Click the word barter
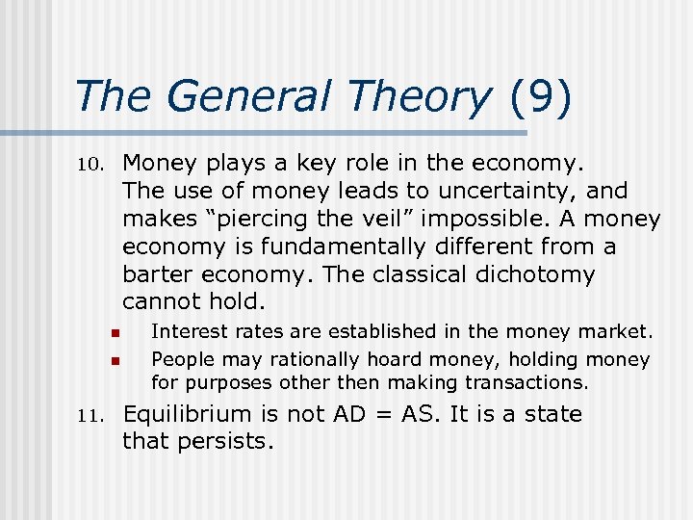pos(155,274)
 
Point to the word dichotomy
pos(536,274)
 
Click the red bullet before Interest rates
pos(113,333)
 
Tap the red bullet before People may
pos(113,361)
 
